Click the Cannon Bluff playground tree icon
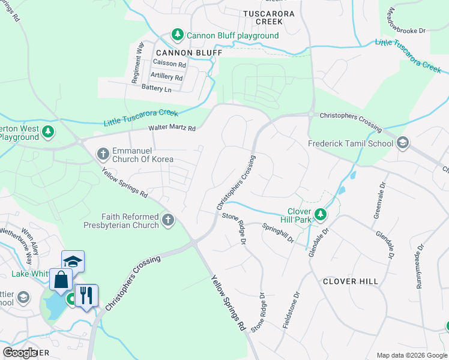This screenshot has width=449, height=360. tap(178, 35)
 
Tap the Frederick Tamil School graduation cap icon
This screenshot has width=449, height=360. tap(402, 143)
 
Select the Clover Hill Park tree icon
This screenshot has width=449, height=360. tap(321, 214)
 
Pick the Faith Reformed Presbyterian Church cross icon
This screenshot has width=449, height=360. tap(167, 221)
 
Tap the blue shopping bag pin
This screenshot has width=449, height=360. tap(61, 280)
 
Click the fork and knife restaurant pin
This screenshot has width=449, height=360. tap(85, 295)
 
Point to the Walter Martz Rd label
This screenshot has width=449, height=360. tap(172, 128)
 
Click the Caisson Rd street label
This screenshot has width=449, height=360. tap(170, 63)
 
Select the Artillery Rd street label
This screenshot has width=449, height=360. tap(166, 76)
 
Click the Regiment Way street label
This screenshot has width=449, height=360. tap(137, 62)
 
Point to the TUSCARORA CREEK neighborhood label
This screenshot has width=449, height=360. tap(262, 17)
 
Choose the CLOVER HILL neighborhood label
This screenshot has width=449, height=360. tap(351, 281)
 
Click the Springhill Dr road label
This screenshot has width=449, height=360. tap(278, 233)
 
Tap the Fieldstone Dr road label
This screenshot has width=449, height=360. tap(291, 310)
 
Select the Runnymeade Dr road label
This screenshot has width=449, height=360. tap(420, 266)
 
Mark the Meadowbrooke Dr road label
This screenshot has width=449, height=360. tap(407, 20)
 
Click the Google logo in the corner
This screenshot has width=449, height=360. tap(20, 352)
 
